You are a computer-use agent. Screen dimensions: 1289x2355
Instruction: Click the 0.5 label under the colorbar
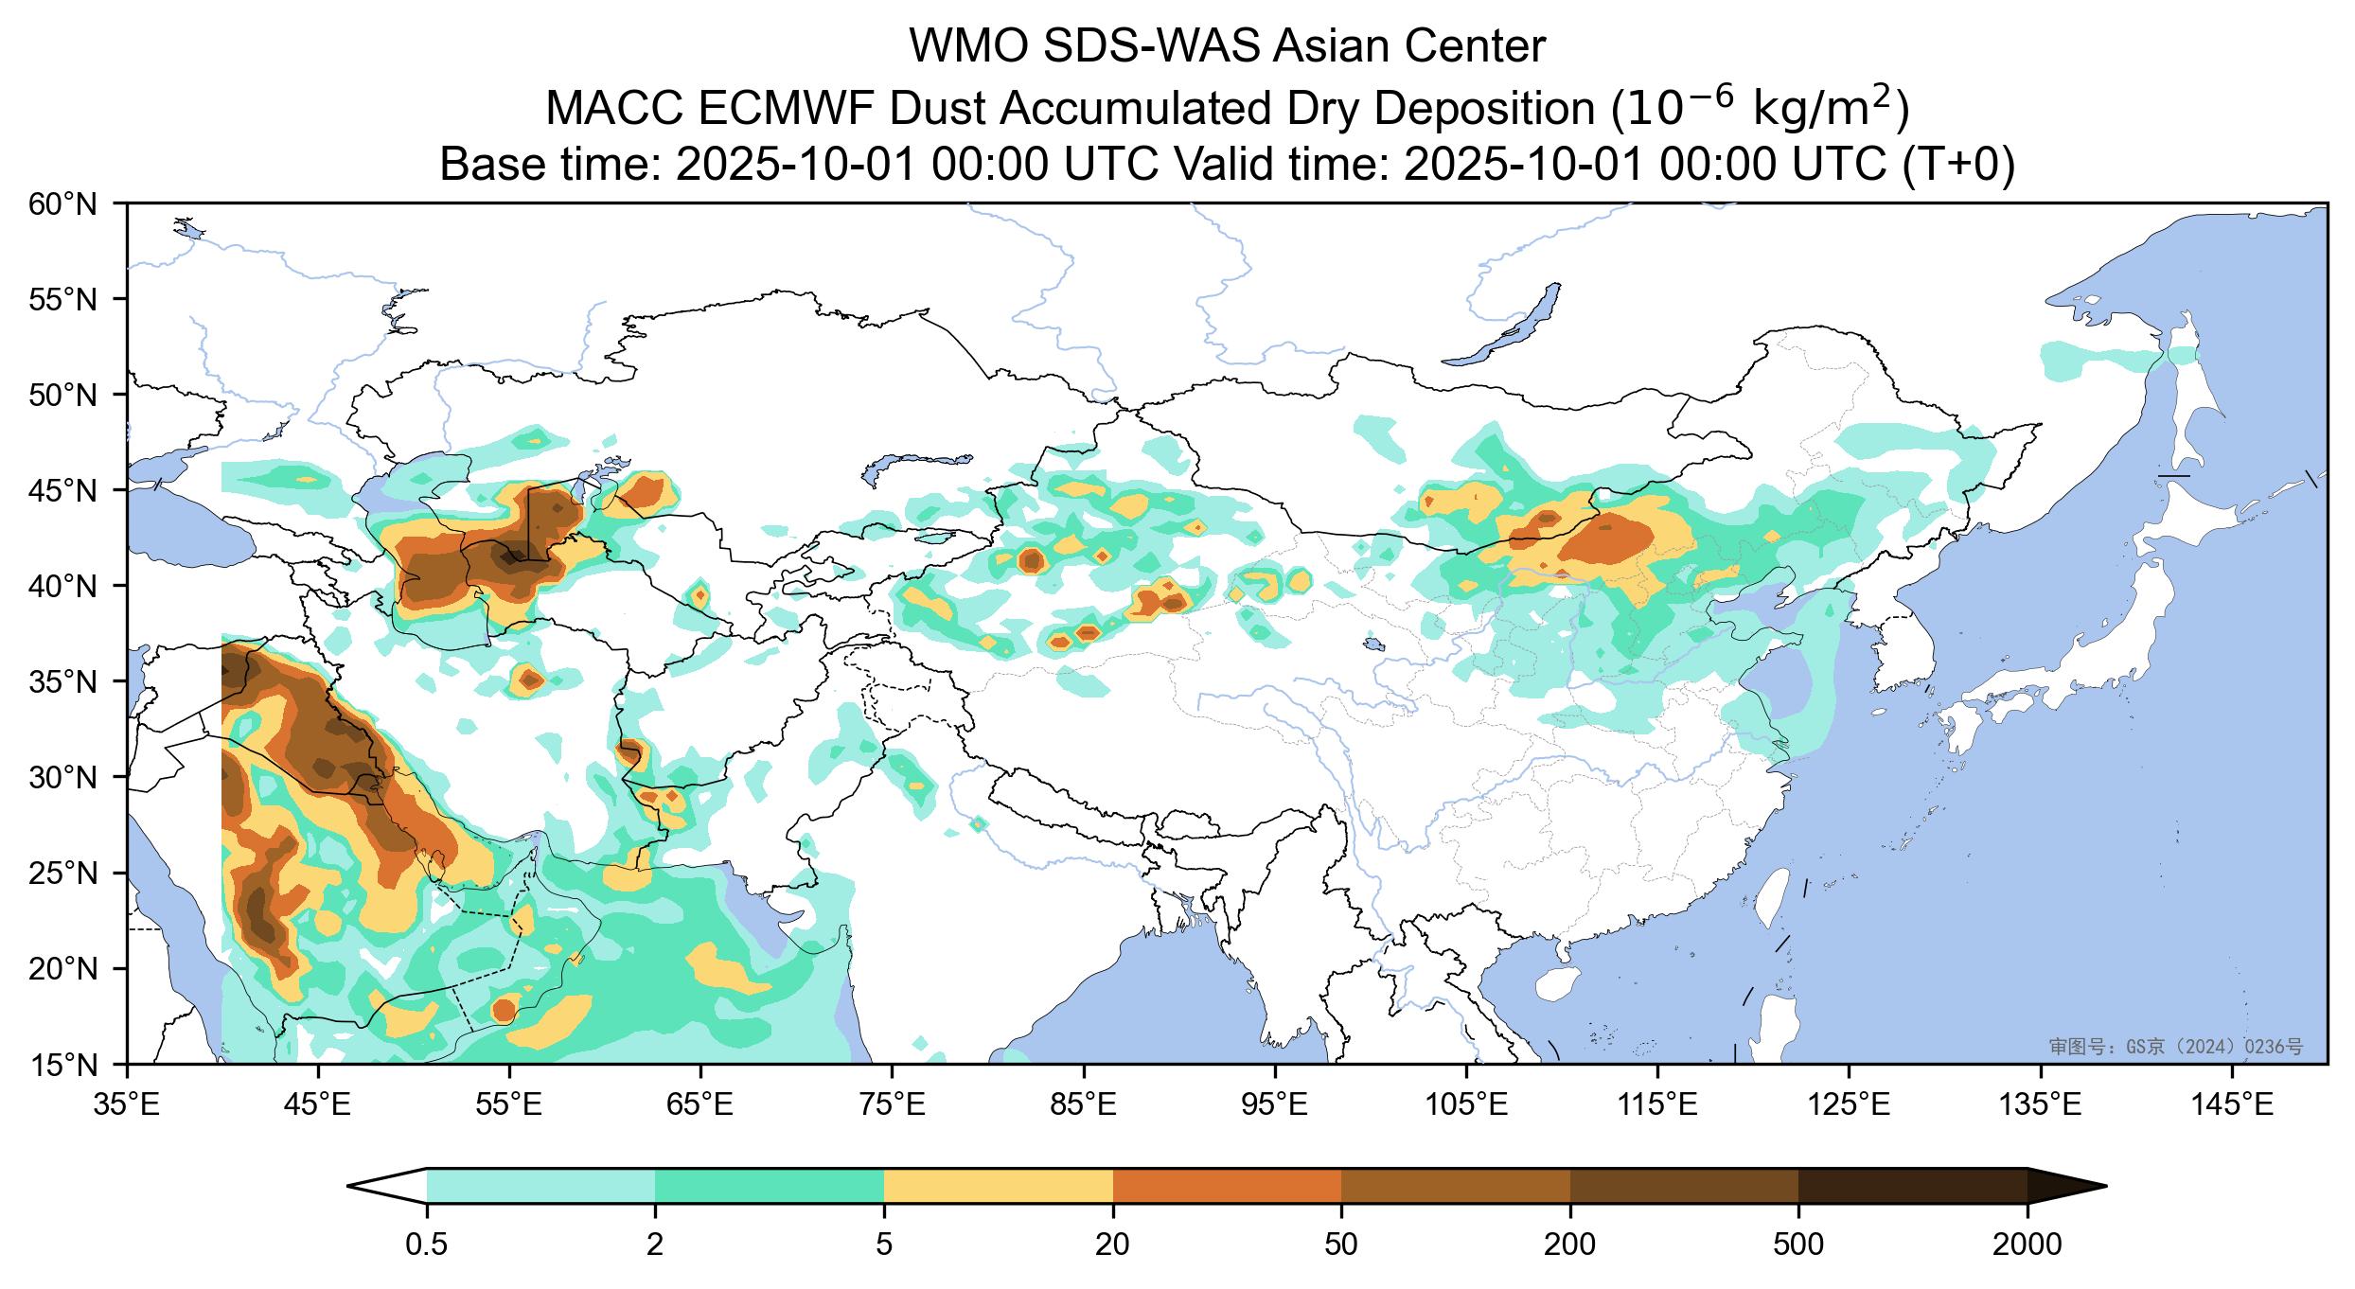[x=426, y=1245]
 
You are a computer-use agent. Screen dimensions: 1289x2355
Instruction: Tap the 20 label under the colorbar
[x=1112, y=1245]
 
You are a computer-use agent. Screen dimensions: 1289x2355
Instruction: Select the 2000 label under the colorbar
[x=2027, y=1245]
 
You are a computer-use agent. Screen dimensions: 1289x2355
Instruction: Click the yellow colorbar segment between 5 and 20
[x=998, y=1186]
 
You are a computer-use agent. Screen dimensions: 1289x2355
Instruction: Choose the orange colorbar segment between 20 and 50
[x=1227, y=1186]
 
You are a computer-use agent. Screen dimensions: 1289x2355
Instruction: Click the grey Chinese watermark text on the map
[x=2175, y=1046]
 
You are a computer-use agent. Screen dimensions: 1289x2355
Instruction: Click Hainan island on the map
[x=1558, y=984]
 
